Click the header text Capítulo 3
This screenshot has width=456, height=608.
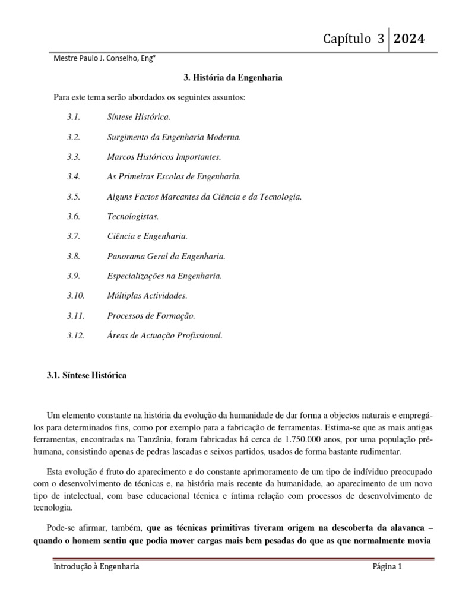[354, 39]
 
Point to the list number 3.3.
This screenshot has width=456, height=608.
[73, 157]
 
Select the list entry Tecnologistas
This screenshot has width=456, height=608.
[134, 216]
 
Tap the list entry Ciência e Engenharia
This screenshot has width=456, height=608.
[147, 236]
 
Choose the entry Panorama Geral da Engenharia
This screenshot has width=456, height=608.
[166, 256]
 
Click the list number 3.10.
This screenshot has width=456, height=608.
[76, 296]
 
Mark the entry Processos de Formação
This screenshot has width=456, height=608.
[151, 316]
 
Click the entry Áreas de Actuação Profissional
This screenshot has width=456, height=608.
[165, 335]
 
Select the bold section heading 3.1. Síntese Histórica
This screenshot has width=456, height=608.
[87, 376]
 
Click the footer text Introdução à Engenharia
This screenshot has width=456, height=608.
[97, 567]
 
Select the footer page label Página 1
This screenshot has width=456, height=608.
[387, 567]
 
